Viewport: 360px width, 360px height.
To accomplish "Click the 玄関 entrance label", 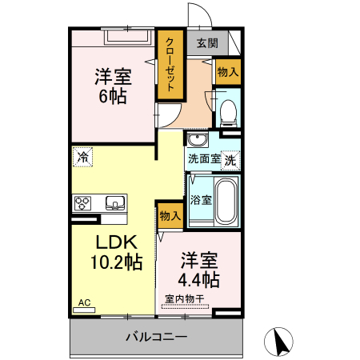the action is (x=207, y=43).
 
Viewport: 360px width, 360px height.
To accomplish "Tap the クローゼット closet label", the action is (x=170, y=65).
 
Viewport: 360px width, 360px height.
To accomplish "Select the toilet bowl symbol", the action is (x=228, y=113).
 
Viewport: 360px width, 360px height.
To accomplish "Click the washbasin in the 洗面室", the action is (x=198, y=139).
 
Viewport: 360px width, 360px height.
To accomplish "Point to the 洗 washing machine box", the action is (x=230, y=161).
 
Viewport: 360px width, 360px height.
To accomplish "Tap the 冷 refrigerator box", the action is (x=82, y=157).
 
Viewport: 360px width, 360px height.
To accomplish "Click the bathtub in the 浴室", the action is (x=226, y=202).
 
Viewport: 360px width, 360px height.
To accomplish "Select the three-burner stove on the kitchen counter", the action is (x=82, y=203).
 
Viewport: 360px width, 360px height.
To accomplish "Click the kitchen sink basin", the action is (x=115, y=203).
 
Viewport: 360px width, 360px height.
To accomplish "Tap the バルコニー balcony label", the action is (x=157, y=337).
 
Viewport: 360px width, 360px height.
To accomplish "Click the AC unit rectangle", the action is (x=84, y=310).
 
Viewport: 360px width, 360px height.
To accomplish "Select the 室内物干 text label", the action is (x=184, y=299).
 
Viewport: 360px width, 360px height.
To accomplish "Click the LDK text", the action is (x=117, y=242).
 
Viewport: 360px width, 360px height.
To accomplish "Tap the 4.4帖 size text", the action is (x=199, y=279).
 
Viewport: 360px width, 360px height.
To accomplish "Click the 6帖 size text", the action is (x=113, y=96).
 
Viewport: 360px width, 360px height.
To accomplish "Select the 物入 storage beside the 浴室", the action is (x=170, y=215).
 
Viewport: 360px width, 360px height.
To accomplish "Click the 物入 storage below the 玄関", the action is (x=228, y=72).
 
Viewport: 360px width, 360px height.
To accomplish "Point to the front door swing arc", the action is (x=203, y=10).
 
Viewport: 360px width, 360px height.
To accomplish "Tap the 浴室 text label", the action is (x=201, y=200).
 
